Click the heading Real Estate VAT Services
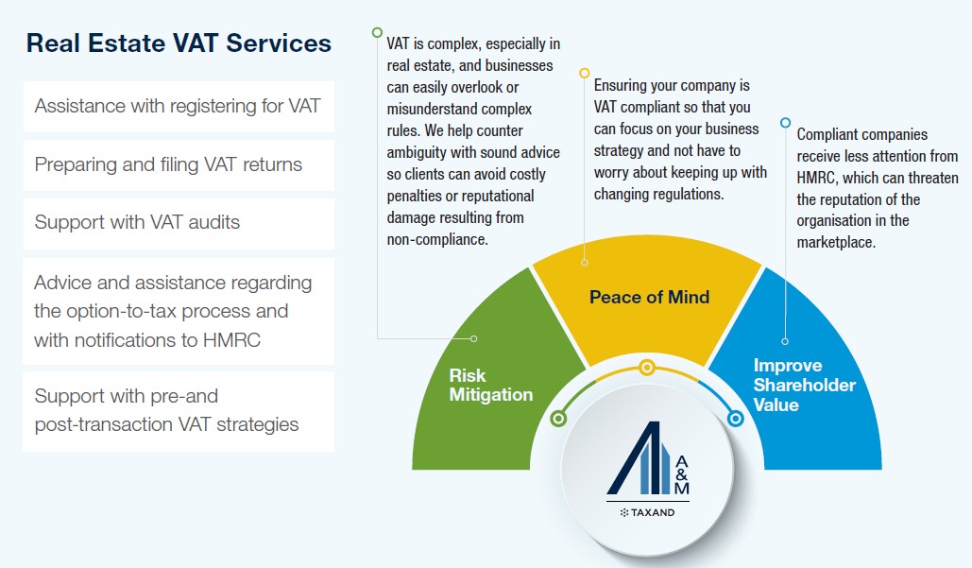point(179,43)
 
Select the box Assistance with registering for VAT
point(178,106)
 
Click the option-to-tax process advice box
point(178,311)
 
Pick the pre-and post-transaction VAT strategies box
point(178,410)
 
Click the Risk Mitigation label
point(490,385)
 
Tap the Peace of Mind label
point(649,297)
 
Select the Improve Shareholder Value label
point(804,385)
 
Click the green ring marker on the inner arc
point(559,418)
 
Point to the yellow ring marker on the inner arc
point(646,368)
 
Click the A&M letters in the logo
point(681,474)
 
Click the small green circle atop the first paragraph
point(378,31)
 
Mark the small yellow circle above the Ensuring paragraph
point(585,73)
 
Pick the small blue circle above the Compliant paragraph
point(785,122)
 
